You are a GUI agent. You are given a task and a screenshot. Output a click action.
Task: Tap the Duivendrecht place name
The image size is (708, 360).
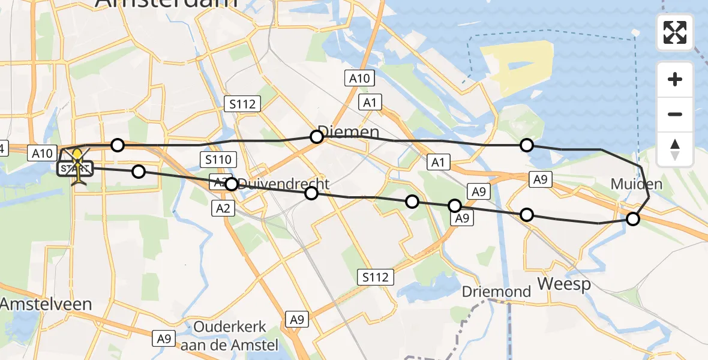pyautogui.click(x=284, y=184)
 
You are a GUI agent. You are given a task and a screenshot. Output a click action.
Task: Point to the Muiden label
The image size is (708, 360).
pyautogui.click(x=637, y=184)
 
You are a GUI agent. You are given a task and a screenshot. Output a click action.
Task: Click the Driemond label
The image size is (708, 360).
pyautogui.click(x=497, y=292)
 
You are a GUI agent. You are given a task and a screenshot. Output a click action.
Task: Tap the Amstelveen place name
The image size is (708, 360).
pyautogui.click(x=46, y=304)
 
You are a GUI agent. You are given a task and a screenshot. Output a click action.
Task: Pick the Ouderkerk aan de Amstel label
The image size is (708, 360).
pyautogui.click(x=236, y=336)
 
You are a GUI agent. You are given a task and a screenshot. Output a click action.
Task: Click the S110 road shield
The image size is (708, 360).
pyautogui.click(x=218, y=160)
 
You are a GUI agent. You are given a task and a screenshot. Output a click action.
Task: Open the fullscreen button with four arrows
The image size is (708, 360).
pyautogui.click(x=675, y=32)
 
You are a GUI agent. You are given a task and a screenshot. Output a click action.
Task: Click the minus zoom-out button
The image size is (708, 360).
pyautogui.click(x=675, y=114)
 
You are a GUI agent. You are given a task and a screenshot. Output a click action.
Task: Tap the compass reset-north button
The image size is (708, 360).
pyautogui.click(x=675, y=149)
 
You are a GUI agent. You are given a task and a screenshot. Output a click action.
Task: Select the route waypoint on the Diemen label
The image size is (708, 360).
pyautogui.click(x=317, y=137)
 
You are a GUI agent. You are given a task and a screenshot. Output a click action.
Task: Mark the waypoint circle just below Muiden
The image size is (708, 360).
pyautogui.click(x=633, y=219)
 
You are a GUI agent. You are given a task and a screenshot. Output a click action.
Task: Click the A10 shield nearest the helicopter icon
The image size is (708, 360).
pyautogui.click(x=43, y=154)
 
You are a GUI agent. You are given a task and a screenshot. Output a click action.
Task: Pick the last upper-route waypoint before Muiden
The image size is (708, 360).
pyautogui.click(x=526, y=145)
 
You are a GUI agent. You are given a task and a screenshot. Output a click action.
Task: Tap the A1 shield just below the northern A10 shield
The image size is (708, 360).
pyautogui.click(x=370, y=103)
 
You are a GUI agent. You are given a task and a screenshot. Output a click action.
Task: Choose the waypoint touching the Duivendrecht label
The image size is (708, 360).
pyautogui.click(x=232, y=184)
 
